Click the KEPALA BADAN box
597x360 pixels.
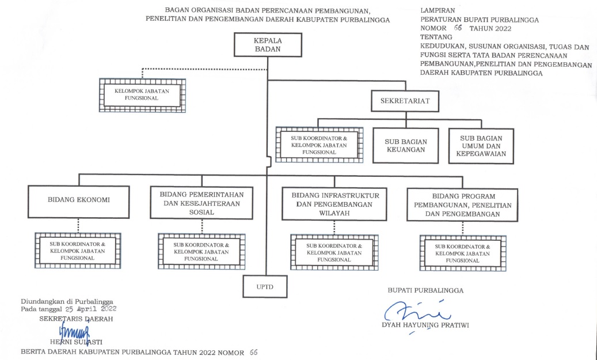click(x=267, y=45)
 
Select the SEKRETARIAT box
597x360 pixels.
click(x=405, y=101)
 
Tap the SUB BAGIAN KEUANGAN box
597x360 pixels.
click(x=405, y=144)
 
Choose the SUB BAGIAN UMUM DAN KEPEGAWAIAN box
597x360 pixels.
click(x=481, y=145)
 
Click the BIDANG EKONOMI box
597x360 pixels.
click(x=79, y=201)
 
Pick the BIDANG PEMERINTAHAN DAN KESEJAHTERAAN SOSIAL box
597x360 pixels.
click(x=201, y=203)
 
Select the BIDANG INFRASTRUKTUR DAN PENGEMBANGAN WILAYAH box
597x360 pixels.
click(x=330, y=203)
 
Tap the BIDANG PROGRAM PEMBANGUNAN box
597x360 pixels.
click(x=459, y=204)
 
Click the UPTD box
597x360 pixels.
click(x=265, y=286)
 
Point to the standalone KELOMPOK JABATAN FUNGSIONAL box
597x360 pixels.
click(x=142, y=95)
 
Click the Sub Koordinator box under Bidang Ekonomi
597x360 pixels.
click(x=78, y=251)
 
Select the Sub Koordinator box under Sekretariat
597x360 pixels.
click(x=319, y=145)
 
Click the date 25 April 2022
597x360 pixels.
click(x=92, y=309)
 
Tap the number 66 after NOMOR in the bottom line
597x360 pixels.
click(x=254, y=351)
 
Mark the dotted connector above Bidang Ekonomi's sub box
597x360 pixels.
click(x=78, y=225)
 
